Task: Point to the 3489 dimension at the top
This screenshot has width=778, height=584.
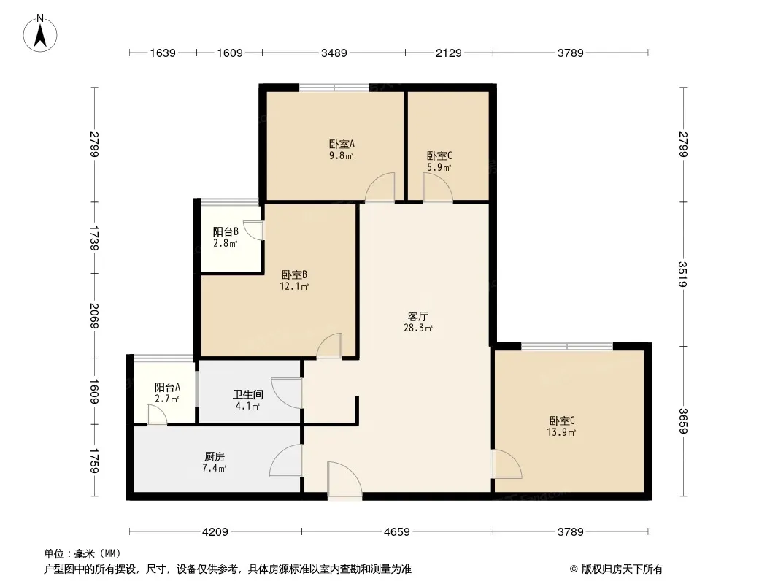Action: [334, 53]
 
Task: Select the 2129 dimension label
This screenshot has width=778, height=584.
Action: [449, 53]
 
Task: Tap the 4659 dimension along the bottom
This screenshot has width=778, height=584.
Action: [397, 532]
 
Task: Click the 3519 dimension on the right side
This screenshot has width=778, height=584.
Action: [683, 274]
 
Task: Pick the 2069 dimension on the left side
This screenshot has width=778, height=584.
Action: [94, 315]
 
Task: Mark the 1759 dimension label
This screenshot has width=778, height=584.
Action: [94, 461]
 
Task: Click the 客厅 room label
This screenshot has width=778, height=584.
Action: [418, 316]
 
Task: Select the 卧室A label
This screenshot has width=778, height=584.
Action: [342, 145]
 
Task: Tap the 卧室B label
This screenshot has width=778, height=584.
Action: [294, 275]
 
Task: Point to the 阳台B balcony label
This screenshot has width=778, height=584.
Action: [226, 231]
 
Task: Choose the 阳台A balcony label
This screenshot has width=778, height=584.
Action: [167, 387]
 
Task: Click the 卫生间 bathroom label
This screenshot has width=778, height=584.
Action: [248, 395]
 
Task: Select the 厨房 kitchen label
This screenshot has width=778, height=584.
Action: [215, 456]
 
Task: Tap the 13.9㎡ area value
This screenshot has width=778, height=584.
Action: [562, 432]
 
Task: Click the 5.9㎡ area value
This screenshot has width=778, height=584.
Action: [439, 167]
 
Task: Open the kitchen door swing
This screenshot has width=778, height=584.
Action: [286, 461]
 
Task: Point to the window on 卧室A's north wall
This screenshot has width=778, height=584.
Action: [334, 88]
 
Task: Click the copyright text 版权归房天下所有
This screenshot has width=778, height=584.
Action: [622, 569]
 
